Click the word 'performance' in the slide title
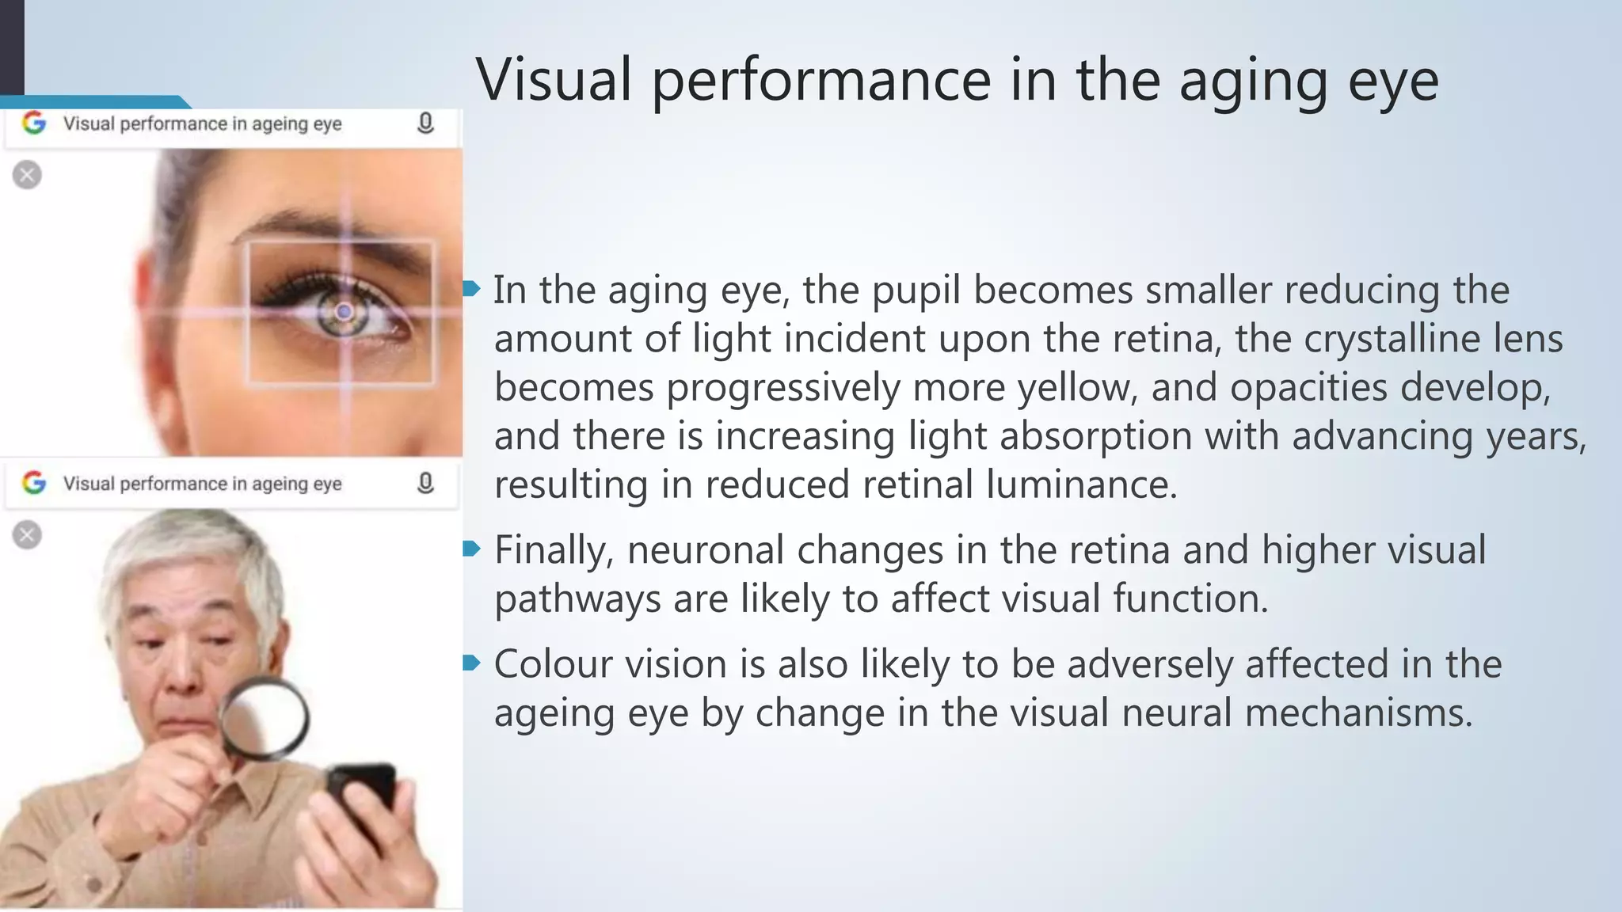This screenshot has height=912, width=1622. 821,81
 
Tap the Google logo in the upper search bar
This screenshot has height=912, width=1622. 34,123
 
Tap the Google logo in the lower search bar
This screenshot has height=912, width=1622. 34,482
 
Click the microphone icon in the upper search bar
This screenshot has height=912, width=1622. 425,123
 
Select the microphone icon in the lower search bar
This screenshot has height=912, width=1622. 425,483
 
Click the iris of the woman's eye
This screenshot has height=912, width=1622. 344,313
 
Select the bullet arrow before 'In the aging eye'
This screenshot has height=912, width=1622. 472,289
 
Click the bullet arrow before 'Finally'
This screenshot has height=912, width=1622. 472,549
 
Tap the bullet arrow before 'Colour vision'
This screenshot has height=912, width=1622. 472,663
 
